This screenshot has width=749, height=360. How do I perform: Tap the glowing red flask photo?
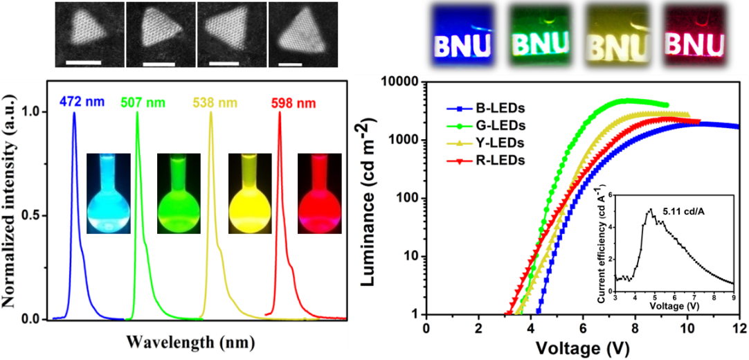point(318,194)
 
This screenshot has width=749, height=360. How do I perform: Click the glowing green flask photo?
point(178,194)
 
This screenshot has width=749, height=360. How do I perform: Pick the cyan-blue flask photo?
point(107,194)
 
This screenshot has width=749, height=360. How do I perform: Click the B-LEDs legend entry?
point(481,109)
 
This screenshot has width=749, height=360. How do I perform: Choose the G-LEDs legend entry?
point(482,126)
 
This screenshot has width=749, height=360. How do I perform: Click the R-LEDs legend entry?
point(482,160)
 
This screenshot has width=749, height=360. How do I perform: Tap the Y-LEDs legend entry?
point(482,143)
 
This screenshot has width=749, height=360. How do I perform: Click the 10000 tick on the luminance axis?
point(401,82)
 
